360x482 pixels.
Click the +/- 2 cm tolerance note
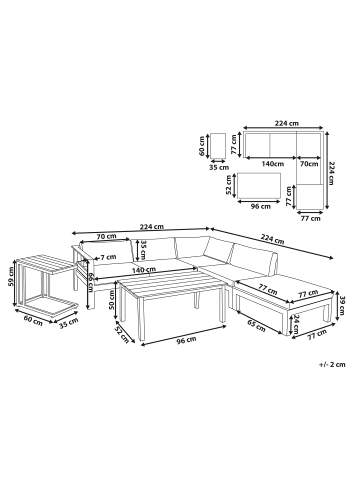click(x=332, y=364)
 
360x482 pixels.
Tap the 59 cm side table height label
click(x=10, y=278)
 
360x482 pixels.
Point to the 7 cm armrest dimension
click(x=109, y=257)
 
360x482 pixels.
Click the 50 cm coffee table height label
click(x=112, y=299)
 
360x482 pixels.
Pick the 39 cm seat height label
click(x=341, y=304)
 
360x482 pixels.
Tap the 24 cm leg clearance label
click(x=296, y=324)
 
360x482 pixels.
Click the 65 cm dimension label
click(x=256, y=325)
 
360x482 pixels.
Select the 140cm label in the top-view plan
click(x=272, y=164)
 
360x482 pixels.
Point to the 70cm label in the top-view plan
click(x=309, y=164)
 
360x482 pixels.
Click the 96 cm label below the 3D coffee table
click(x=187, y=340)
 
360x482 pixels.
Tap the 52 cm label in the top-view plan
click(x=229, y=185)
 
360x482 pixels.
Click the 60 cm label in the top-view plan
click(x=201, y=146)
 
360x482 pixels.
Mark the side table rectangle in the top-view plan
click(x=218, y=146)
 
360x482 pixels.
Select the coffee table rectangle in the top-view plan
click(x=260, y=185)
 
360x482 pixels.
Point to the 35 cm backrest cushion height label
click(x=143, y=250)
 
